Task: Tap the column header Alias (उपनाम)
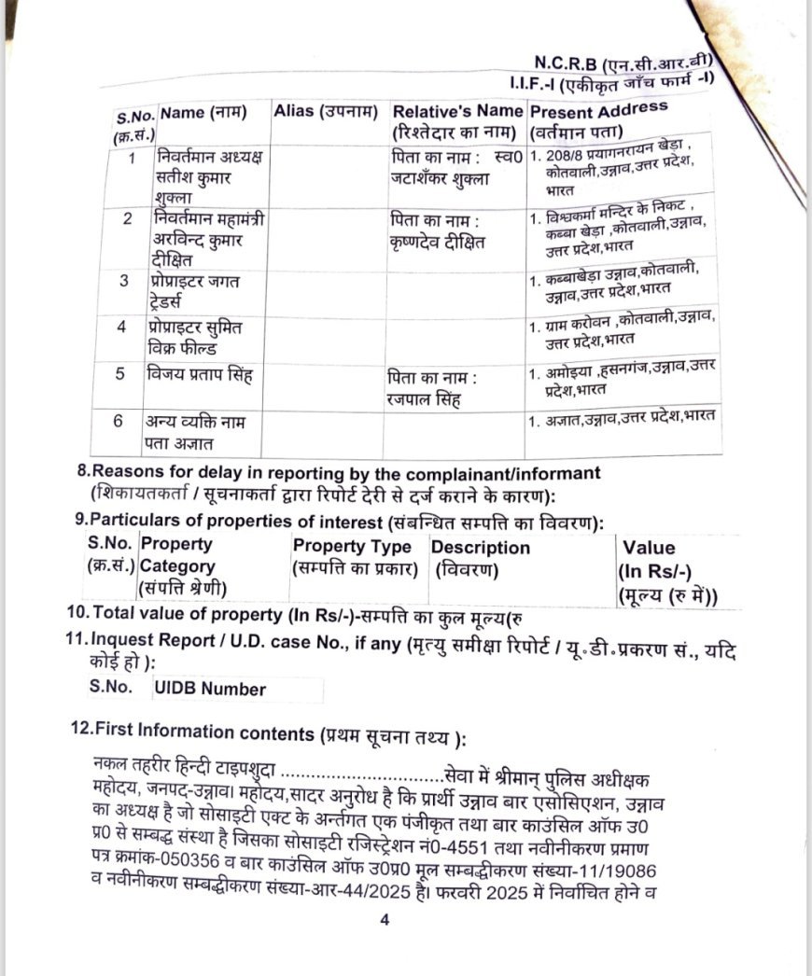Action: click(326, 112)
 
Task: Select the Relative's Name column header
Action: click(457, 119)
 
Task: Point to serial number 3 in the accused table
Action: click(122, 280)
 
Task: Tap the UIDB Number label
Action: click(210, 690)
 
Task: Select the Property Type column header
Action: click(352, 556)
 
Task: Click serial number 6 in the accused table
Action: click(119, 421)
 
